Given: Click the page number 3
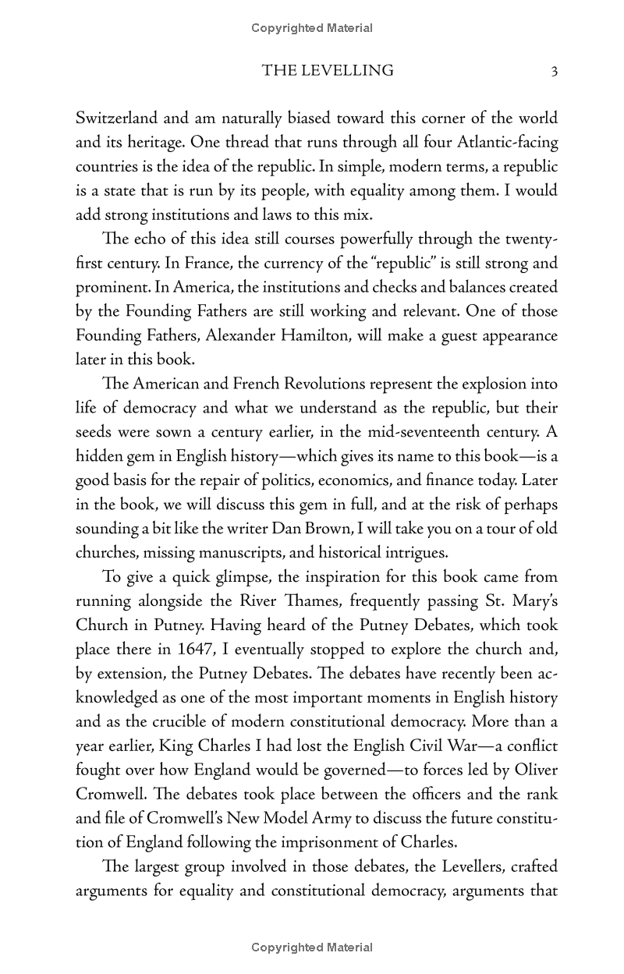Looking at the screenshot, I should (x=554, y=72).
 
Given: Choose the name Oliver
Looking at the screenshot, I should (x=534, y=771).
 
